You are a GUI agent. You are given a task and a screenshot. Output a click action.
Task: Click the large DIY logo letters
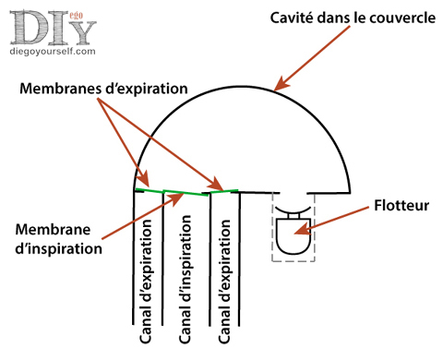(51, 28)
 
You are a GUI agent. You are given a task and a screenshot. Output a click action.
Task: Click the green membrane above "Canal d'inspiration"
(185, 193)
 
